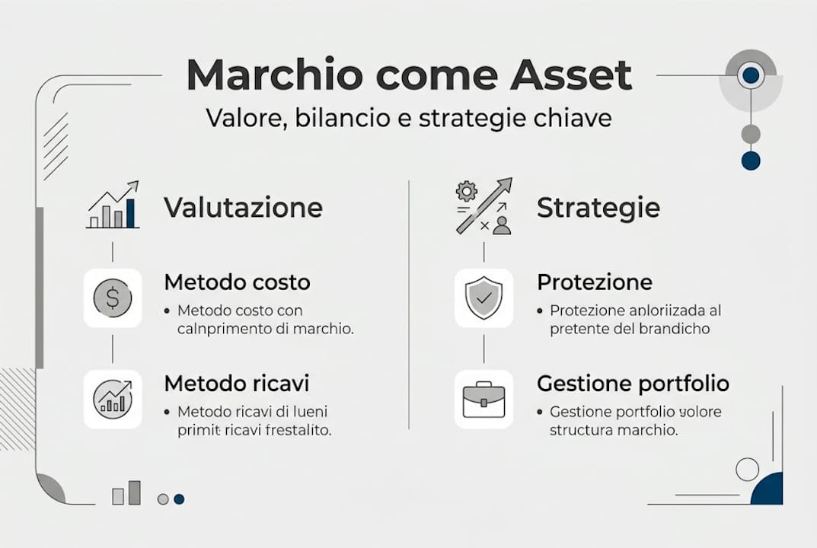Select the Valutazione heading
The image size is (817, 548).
tap(243, 208)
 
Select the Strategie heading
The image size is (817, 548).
tap(598, 208)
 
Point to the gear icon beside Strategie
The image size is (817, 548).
tap(464, 190)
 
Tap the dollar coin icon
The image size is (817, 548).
tap(112, 298)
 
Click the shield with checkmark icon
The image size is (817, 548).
tap(483, 298)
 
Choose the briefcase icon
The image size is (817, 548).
tap(483, 399)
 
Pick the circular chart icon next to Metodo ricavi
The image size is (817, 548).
tap(112, 399)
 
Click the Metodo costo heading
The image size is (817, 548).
tap(237, 282)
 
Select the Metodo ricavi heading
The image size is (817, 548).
tap(236, 383)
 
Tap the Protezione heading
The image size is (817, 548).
tap(594, 282)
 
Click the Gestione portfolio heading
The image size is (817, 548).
tap(633, 383)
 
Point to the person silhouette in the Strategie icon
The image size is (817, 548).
tap(501, 225)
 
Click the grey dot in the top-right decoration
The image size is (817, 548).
tap(751, 135)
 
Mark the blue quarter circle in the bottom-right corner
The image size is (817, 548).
tap(768, 489)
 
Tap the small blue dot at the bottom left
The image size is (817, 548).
tap(179, 499)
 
